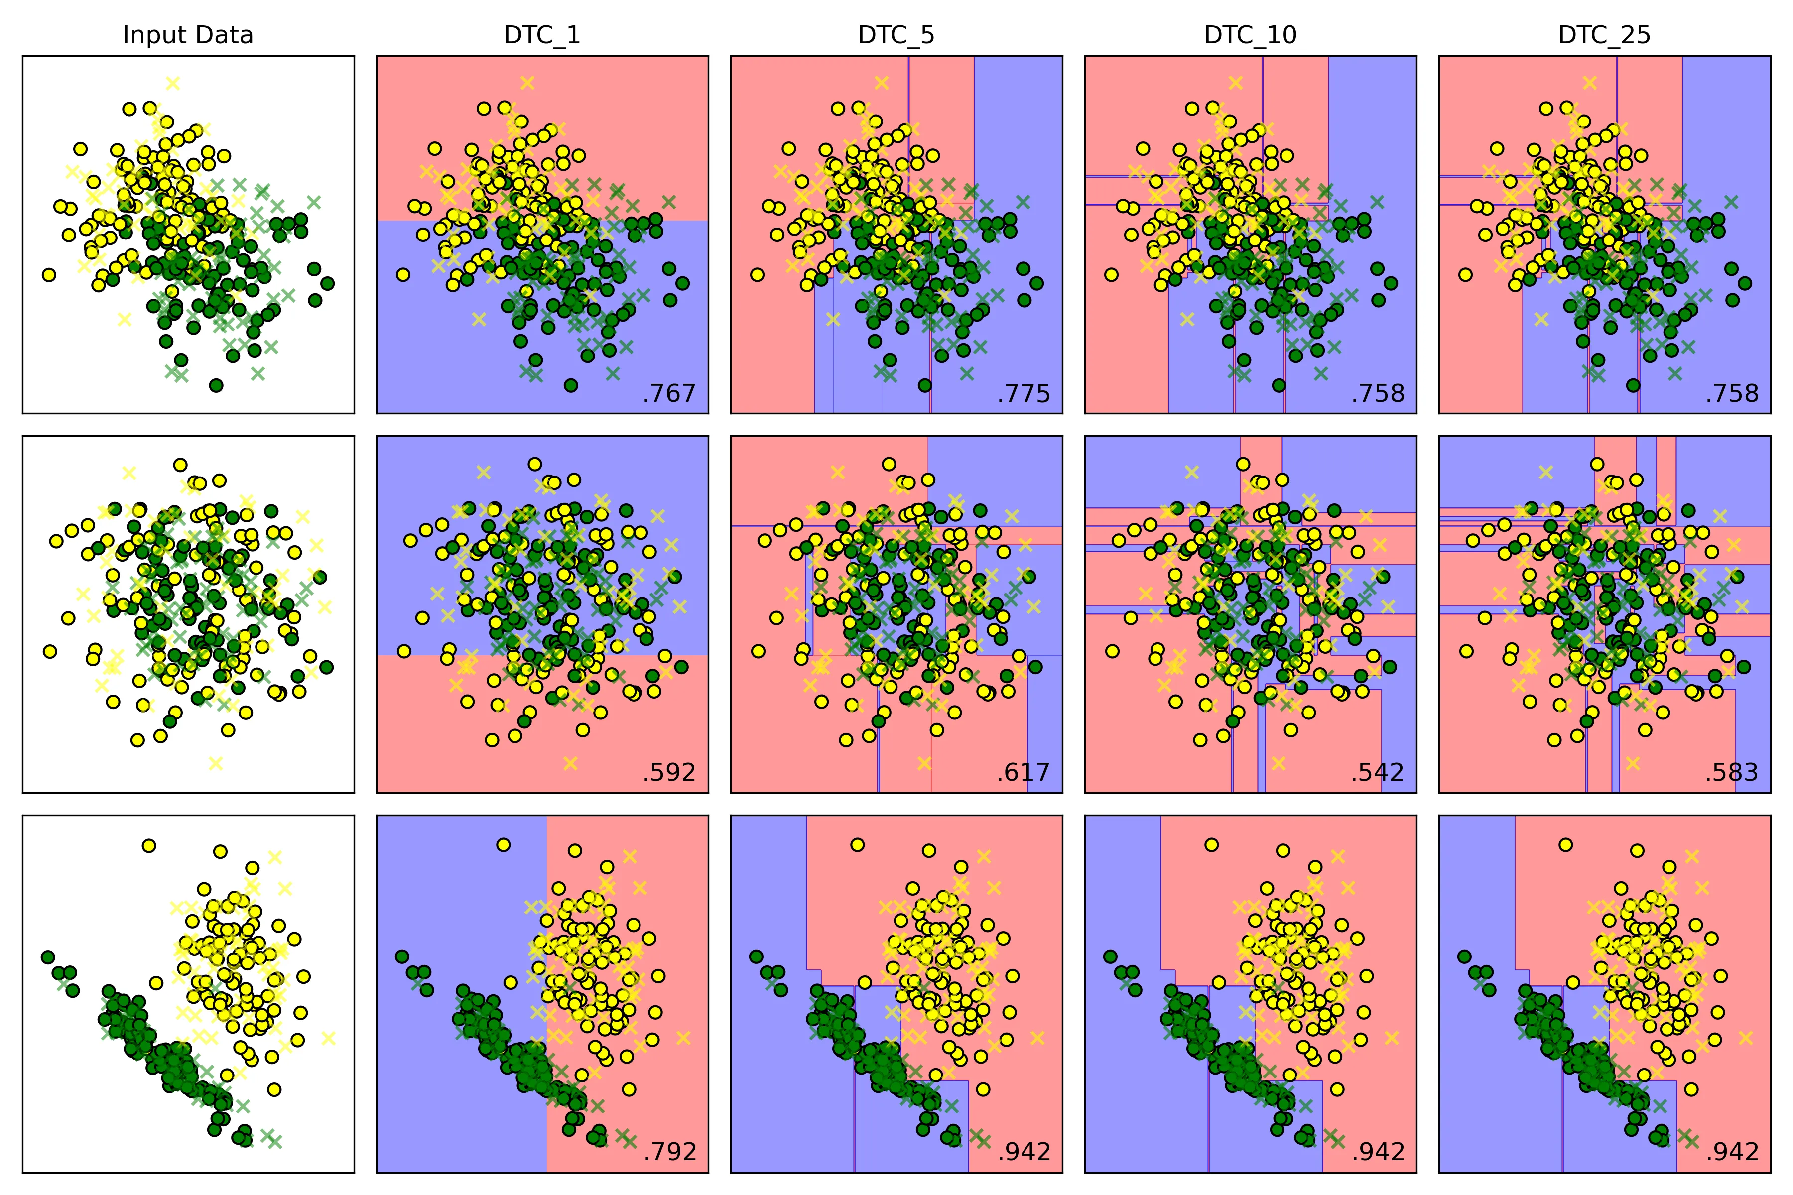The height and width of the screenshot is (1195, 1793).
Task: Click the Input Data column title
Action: click(x=188, y=35)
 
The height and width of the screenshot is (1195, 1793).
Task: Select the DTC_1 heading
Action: click(x=542, y=35)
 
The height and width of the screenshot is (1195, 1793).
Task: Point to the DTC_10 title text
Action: click(x=1250, y=35)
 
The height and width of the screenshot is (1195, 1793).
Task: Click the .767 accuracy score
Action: click(x=669, y=393)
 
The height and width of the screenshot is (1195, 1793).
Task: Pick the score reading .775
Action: click(x=1023, y=393)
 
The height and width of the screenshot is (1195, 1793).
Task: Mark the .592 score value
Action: click(x=669, y=773)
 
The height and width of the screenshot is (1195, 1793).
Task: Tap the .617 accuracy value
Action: click(x=1023, y=773)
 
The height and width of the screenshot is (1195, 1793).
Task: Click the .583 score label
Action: click(x=1731, y=773)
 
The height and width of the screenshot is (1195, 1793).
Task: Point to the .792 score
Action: click(x=669, y=1152)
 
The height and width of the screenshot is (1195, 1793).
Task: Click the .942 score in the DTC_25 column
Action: click(x=1731, y=1152)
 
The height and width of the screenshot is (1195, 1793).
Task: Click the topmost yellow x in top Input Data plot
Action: click(x=173, y=82)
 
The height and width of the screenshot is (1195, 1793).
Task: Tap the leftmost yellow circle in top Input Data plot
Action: click(x=49, y=274)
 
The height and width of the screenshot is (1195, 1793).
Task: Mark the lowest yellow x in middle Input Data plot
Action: click(x=216, y=763)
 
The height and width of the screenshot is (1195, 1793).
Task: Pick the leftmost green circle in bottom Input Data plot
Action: click(x=47, y=956)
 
